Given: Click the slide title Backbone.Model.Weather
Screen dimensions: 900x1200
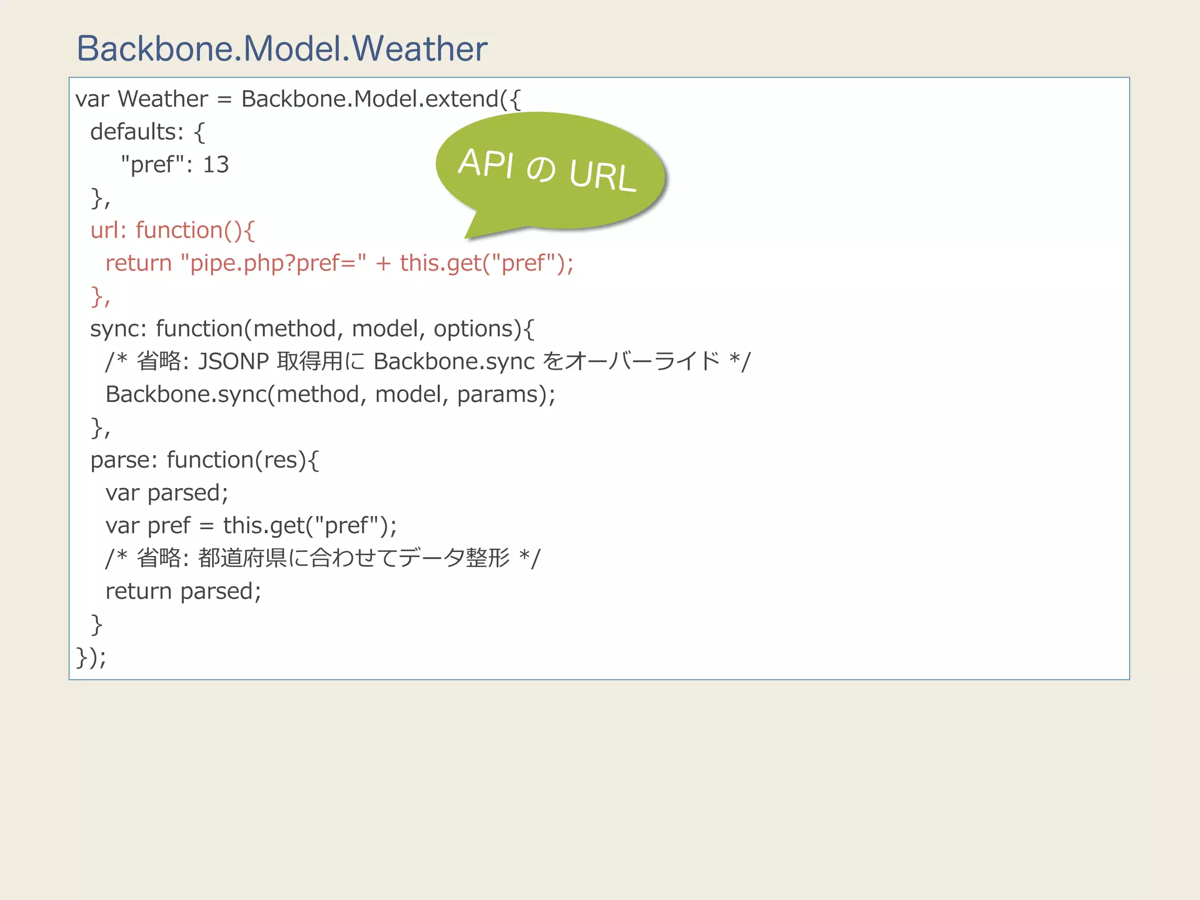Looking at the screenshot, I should [282, 49].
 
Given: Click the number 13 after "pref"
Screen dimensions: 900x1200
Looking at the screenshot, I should [216, 165].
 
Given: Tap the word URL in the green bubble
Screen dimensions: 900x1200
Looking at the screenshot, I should [602, 175].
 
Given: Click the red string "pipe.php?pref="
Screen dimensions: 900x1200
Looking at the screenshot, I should [274, 263].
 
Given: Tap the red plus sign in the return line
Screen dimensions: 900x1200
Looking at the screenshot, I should [383, 264].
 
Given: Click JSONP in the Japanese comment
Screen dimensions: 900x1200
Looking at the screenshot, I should [233, 362].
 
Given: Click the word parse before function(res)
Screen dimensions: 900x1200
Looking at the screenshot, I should [120, 460].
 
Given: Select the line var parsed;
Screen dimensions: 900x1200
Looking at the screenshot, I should [166, 493].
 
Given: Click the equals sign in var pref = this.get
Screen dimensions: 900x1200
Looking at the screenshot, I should [206, 526].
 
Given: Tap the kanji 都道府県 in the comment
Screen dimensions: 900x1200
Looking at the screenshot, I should [242, 558].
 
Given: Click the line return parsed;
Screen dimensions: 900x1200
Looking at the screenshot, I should [183, 591].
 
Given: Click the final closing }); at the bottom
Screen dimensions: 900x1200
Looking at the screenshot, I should [91, 657].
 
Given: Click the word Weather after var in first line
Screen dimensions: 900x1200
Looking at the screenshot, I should [163, 99].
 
